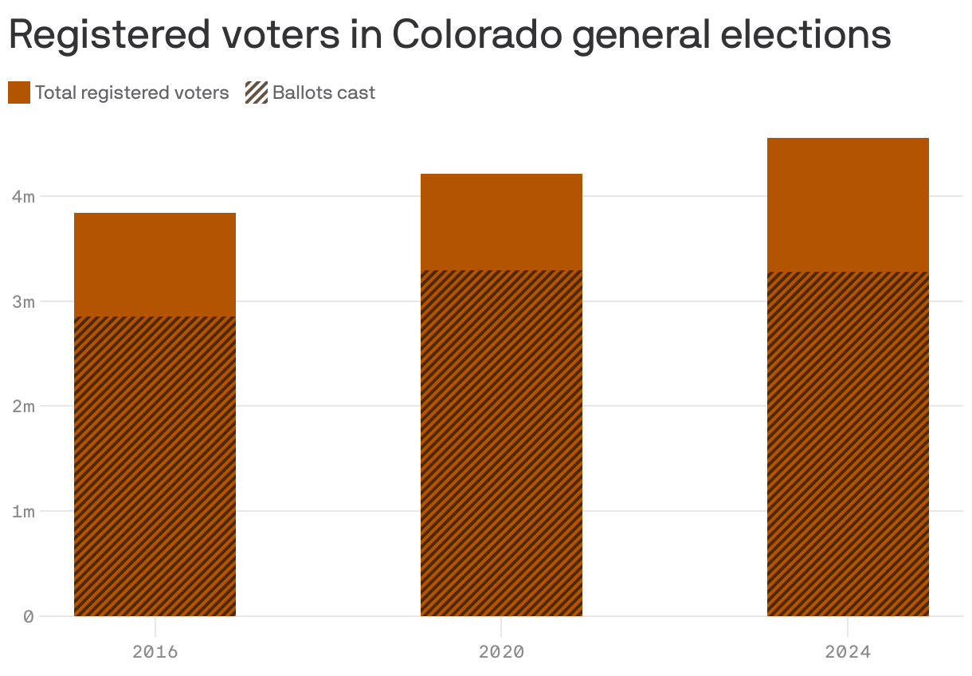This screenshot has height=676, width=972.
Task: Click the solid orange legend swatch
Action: (19, 92)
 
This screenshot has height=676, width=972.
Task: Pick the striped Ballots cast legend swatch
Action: (256, 92)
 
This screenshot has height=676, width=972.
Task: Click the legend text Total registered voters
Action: (131, 92)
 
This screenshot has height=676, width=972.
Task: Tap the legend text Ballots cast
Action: (323, 92)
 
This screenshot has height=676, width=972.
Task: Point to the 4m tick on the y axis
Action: (23, 196)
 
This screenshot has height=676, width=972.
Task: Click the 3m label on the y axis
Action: (23, 301)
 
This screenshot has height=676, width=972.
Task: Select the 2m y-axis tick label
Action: (23, 407)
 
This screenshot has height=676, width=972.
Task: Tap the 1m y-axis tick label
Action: (23, 511)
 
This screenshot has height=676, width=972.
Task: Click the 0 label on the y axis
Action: (29, 616)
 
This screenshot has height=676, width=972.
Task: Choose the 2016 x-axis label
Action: (155, 652)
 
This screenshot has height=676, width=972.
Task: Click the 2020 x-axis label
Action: (501, 652)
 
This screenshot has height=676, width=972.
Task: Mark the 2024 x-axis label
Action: (848, 652)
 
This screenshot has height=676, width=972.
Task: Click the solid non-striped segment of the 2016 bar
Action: (155, 265)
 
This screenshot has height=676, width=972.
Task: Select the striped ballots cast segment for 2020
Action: (501, 442)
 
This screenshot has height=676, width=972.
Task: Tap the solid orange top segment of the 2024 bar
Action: (848, 205)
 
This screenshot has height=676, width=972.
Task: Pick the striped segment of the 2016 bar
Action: (155, 466)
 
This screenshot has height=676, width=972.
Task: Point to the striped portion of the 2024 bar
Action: (848, 444)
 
